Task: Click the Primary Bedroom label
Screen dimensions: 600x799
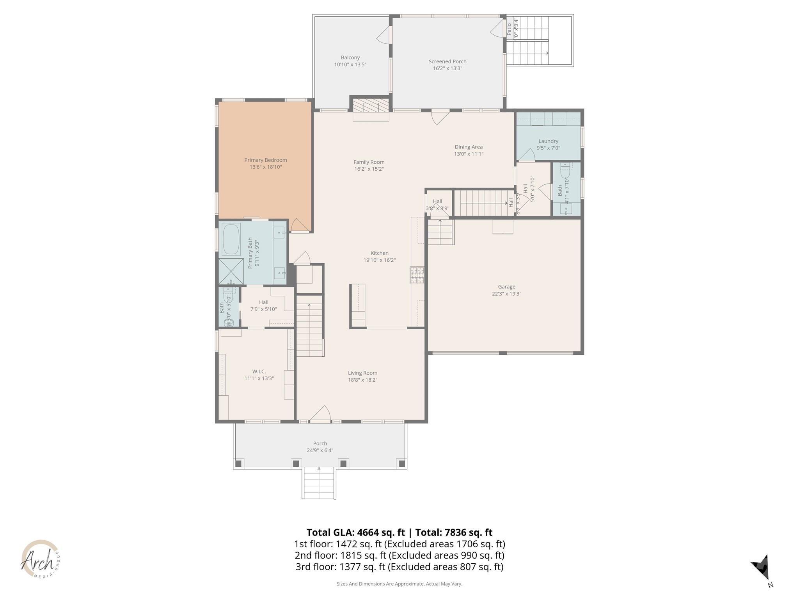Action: [265, 160]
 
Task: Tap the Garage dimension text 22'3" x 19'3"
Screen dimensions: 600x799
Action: [506, 294]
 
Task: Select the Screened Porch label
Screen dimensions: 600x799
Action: [447, 61]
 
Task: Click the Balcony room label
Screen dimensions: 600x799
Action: [350, 57]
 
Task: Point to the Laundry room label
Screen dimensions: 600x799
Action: [548, 141]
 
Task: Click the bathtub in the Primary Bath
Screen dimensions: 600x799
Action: [231, 239]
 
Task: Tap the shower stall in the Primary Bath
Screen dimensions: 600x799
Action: [231, 271]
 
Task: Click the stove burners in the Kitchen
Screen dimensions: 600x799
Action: [417, 275]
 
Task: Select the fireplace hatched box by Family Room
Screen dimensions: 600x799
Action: [371, 105]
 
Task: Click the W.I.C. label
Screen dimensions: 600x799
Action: [259, 371]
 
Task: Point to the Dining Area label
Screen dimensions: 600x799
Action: [469, 147]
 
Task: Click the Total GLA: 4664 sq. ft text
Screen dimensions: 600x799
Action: [355, 532]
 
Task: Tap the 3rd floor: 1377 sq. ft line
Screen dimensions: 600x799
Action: [399, 566]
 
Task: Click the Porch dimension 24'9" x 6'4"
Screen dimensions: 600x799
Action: [320, 450]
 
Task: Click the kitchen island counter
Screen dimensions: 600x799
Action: [358, 305]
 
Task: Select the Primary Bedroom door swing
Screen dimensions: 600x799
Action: [300, 225]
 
